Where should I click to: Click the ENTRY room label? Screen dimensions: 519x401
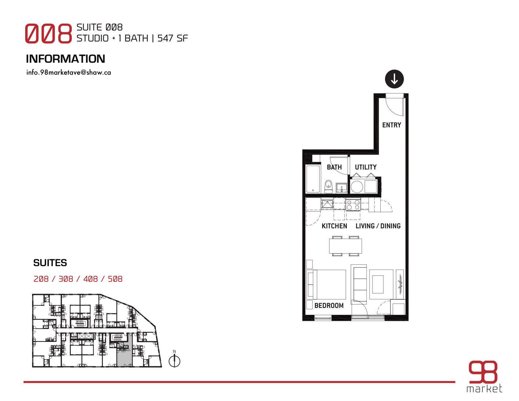pyautogui.click(x=391, y=125)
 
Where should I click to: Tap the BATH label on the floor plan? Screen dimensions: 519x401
pyautogui.click(x=334, y=167)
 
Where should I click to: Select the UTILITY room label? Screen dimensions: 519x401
pyautogui.click(x=366, y=167)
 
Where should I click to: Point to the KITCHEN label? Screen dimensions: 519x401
pyautogui.click(x=334, y=226)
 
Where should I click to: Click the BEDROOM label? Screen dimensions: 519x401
pyautogui.click(x=329, y=305)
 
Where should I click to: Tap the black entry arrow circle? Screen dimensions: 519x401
pyautogui.click(x=394, y=79)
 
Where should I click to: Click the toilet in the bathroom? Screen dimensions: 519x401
pyautogui.click(x=328, y=187)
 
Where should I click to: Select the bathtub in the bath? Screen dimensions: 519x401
pyautogui.click(x=313, y=179)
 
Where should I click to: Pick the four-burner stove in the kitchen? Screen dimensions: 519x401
pyautogui.click(x=353, y=205)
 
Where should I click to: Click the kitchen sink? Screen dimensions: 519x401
pyautogui.click(x=327, y=204)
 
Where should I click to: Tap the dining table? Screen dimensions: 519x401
pyautogui.click(x=345, y=246)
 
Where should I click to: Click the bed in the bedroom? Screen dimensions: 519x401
pyautogui.click(x=326, y=284)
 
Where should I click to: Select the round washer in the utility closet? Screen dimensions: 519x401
pyautogui.click(x=357, y=187)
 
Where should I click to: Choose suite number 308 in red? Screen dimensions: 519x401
pyautogui.click(x=66, y=279)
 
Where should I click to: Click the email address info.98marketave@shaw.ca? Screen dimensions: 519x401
pyautogui.click(x=69, y=72)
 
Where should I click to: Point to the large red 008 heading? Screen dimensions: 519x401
pyautogui.click(x=48, y=33)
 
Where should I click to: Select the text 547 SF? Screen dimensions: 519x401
pyautogui.click(x=172, y=38)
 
